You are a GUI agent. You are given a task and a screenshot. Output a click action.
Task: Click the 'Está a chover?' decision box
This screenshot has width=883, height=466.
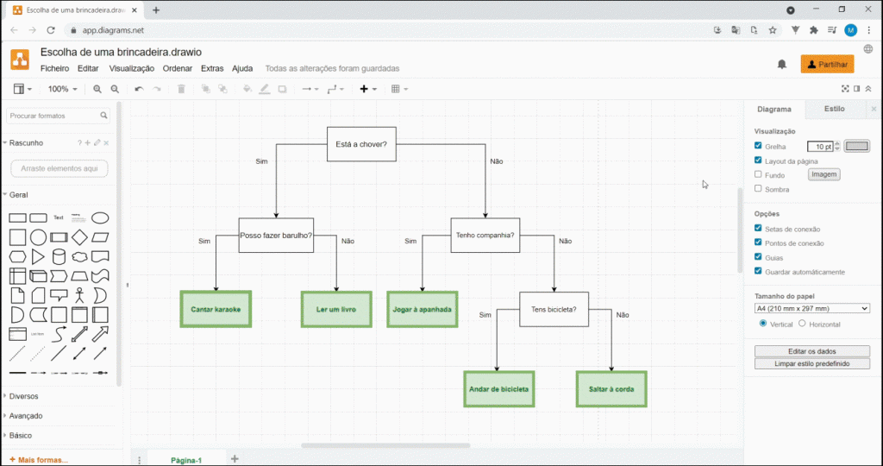[x=361, y=144]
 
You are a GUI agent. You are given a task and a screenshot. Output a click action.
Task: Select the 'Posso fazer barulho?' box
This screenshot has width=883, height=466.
[x=276, y=236]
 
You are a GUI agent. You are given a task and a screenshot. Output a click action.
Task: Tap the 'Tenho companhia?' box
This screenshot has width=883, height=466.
[x=485, y=236]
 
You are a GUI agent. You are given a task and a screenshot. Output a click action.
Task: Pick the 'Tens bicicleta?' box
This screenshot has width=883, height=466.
[x=554, y=309]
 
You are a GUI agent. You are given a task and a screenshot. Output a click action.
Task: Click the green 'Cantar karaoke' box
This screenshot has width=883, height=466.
[x=216, y=309]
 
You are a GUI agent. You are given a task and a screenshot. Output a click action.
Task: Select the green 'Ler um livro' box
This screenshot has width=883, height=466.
[x=336, y=309]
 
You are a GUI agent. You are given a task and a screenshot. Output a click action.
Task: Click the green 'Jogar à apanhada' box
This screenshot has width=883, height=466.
[x=423, y=309]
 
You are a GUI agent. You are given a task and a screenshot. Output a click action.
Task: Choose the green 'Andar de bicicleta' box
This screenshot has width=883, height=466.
[x=499, y=389]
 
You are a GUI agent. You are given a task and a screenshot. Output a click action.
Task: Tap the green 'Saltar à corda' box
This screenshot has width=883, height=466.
[x=611, y=389]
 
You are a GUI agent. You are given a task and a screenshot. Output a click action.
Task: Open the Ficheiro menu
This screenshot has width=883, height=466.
[x=54, y=68]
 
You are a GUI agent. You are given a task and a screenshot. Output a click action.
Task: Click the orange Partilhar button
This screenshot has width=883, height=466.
[x=827, y=64]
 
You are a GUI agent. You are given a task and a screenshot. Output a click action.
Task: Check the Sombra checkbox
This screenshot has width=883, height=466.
[x=758, y=189]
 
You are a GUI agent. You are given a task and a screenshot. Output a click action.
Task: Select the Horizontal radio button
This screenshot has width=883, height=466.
[x=802, y=324]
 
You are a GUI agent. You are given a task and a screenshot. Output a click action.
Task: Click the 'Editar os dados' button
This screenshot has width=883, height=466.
[x=811, y=351]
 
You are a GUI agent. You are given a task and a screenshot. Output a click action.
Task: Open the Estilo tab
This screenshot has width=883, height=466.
[x=834, y=109]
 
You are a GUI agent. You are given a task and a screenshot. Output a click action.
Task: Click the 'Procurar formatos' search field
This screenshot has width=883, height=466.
[x=55, y=116]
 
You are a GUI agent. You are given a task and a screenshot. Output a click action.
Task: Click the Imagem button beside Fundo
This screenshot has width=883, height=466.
[x=824, y=174]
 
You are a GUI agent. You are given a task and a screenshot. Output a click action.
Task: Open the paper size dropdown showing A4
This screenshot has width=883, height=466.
[x=811, y=308]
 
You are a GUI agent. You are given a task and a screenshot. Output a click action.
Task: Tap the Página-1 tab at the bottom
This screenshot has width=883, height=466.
[x=186, y=460]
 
